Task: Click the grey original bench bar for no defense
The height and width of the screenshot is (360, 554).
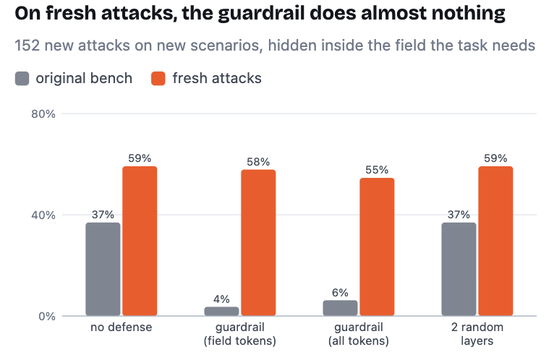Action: [x=103, y=269]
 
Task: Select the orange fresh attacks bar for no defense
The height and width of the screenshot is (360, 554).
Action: [x=140, y=241]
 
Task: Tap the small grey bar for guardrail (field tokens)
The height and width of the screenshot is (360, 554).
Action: [x=221, y=311]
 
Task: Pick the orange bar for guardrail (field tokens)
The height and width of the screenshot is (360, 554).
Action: [x=258, y=242]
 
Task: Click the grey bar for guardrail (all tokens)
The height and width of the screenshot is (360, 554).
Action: [x=340, y=308]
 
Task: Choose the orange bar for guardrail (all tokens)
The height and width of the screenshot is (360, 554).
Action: [x=377, y=247]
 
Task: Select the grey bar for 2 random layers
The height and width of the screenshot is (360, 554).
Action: [x=459, y=269]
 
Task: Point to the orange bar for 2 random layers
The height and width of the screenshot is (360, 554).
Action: [x=495, y=241]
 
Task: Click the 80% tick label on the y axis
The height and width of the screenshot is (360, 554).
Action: [x=43, y=113]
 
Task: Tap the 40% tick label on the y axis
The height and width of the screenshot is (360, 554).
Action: [x=43, y=215]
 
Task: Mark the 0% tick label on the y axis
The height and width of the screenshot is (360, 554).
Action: [x=47, y=316]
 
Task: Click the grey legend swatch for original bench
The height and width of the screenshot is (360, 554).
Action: [x=22, y=78]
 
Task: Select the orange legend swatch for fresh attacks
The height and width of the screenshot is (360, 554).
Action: [x=158, y=78]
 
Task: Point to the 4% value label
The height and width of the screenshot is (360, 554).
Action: [x=221, y=299]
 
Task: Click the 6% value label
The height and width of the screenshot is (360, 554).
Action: [x=340, y=293]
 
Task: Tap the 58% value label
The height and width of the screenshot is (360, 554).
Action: [x=258, y=162]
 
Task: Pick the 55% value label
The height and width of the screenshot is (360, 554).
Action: [x=377, y=170]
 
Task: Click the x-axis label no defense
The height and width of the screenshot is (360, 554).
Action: [x=122, y=327]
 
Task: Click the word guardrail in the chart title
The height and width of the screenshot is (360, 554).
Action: [x=261, y=14]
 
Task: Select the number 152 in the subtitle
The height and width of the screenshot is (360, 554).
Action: [x=27, y=46]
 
